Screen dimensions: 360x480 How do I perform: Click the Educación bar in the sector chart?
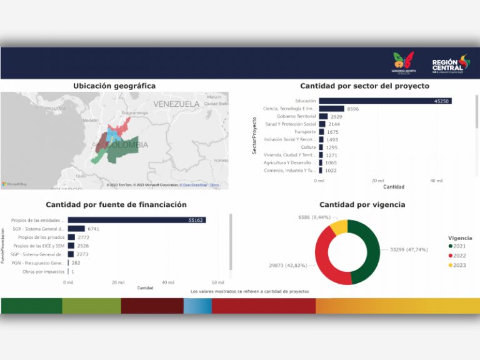click(384, 101)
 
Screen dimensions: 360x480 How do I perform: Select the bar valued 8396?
click(331, 109)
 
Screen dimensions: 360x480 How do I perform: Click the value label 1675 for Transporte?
click(332, 132)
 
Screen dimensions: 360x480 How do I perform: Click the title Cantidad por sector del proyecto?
click(364, 86)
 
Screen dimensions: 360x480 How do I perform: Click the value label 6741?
click(94, 229)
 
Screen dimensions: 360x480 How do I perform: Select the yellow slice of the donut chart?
click(339, 226)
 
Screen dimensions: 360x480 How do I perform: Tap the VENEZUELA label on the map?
click(176, 104)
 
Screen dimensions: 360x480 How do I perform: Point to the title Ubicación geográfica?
click(114, 86)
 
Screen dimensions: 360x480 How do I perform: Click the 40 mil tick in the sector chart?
click(436, 181)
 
